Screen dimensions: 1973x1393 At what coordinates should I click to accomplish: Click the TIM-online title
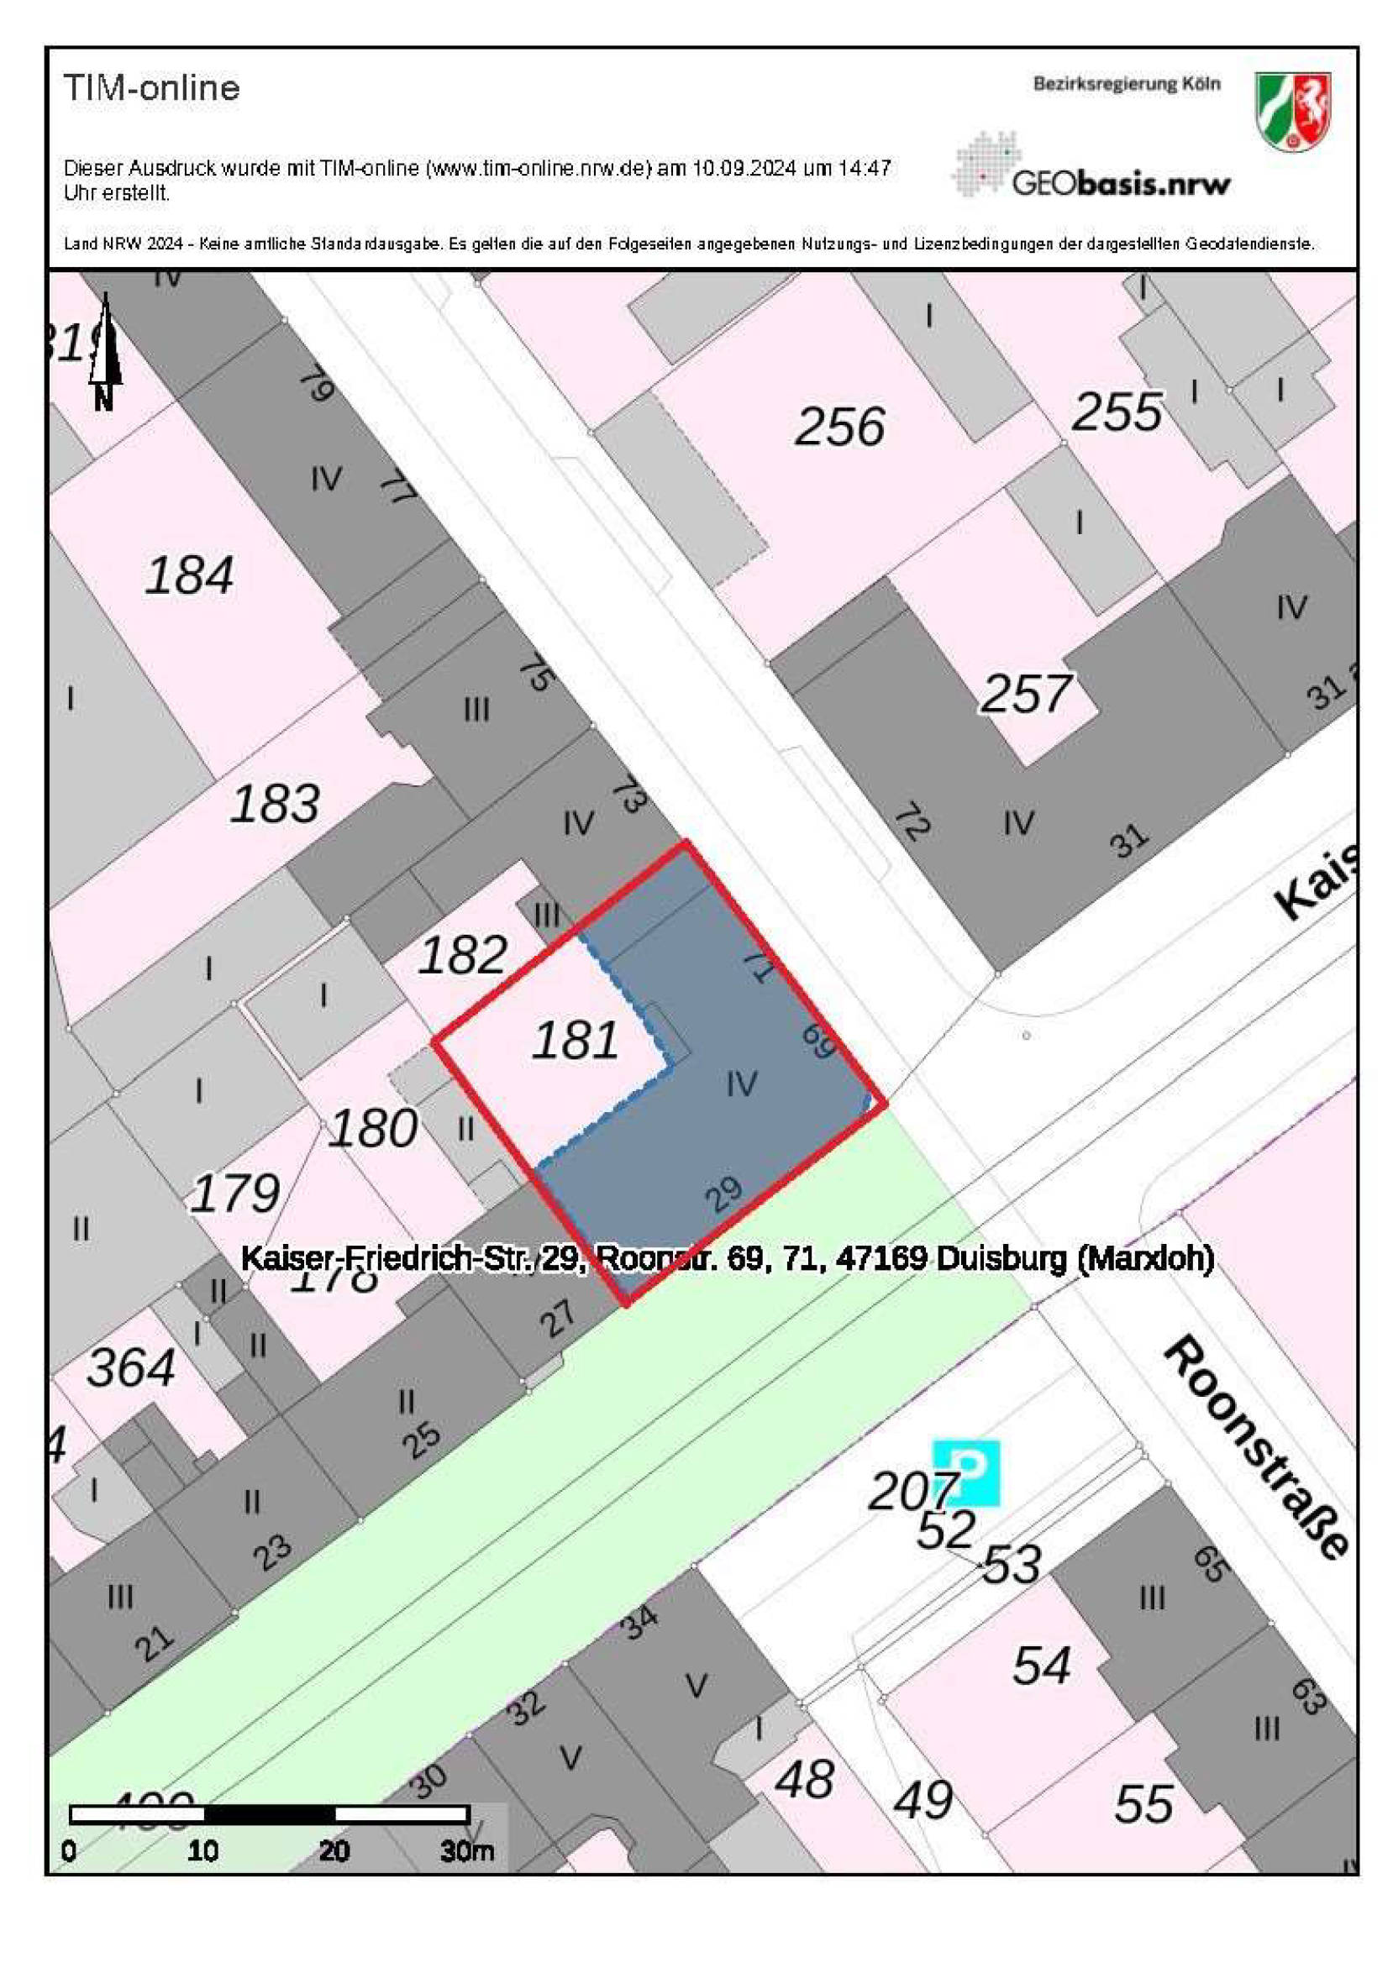[x=151, y=88]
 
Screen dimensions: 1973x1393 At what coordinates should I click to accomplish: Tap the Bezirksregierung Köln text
[x=1126, y=84]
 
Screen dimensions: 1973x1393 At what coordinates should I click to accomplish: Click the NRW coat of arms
[x=1292, y=112]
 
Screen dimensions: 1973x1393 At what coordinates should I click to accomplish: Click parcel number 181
[x=575, y=1040]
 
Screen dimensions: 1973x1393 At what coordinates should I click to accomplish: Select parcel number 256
[x=839, y=426]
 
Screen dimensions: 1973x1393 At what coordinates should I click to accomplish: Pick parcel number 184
[x=189, y=575]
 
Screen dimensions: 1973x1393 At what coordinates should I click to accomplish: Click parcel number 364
[x=130, y=1367]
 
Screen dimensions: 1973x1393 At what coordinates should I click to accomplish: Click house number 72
[x=912, y=823]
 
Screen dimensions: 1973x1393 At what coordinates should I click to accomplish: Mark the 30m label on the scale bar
[x=466, y=1850]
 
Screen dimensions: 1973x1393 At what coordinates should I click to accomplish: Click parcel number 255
[x=1117, y=412]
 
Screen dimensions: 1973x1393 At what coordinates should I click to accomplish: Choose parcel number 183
[x=275, y=805]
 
